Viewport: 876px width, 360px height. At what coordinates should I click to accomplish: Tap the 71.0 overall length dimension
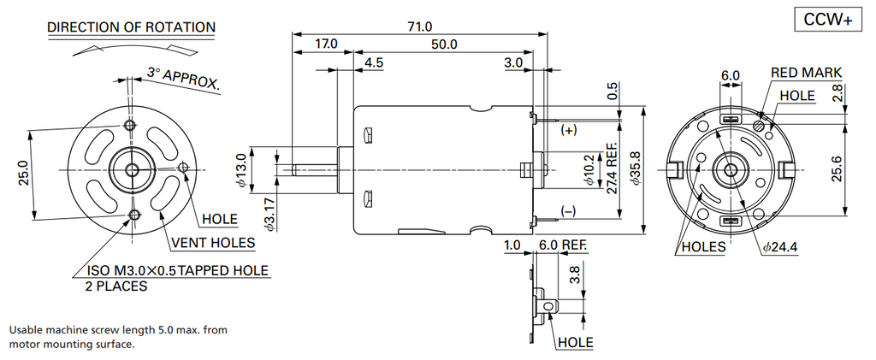(x=422, y=27)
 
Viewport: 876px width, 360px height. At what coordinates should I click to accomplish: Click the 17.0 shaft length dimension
(x=326, y=44)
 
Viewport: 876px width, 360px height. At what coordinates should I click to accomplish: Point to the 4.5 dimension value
(x=373, y=63)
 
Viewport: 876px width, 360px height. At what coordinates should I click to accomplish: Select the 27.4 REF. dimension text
(x=613, y=167)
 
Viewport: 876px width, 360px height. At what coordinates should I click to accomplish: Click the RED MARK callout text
(x=806, y=73)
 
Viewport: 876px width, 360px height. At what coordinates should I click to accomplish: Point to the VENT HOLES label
(x=213, y=243)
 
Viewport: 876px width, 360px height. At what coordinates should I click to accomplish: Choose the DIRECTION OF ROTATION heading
(x=131, y=27)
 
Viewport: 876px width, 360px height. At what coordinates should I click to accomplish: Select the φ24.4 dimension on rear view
(x=779, y=247)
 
